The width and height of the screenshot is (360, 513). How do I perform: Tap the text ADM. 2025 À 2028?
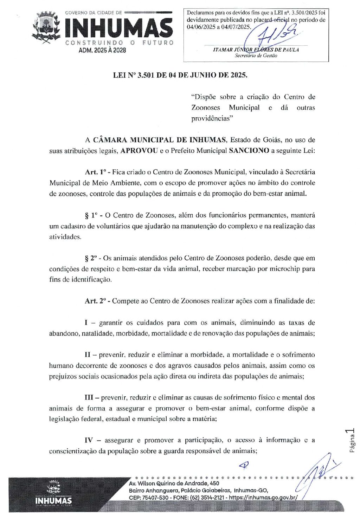click(102, 50)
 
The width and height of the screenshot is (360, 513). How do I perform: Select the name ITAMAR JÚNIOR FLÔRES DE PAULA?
click(256, 50)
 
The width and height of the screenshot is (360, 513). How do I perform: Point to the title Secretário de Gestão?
click(256, 56)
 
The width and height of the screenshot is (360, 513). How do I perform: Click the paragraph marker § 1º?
click(91, 215)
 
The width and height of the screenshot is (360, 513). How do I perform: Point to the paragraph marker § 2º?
click(91, 258)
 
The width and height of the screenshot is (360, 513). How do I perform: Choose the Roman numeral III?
click(89, 398)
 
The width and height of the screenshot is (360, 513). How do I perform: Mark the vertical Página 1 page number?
click(352, 440)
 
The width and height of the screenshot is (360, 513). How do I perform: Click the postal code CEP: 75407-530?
click(149, 498)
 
